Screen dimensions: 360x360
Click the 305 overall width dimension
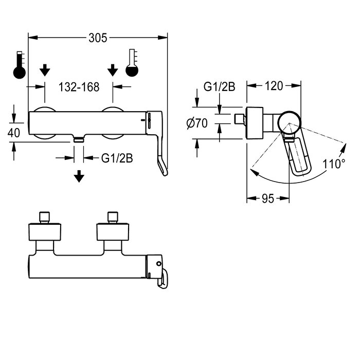pos(98,38)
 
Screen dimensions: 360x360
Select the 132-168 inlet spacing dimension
pos(79,87)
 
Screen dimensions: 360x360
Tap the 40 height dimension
pos(13,133)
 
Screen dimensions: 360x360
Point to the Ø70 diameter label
pos(197,123)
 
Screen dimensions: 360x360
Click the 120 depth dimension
pos(274,86)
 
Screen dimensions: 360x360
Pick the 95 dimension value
pos(268,199)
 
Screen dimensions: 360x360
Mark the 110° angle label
pos(334,164)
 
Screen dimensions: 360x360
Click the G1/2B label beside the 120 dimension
pos(219,87)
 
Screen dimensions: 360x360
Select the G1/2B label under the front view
pos(117,158)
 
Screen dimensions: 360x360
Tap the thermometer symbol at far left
pos(20,65)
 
